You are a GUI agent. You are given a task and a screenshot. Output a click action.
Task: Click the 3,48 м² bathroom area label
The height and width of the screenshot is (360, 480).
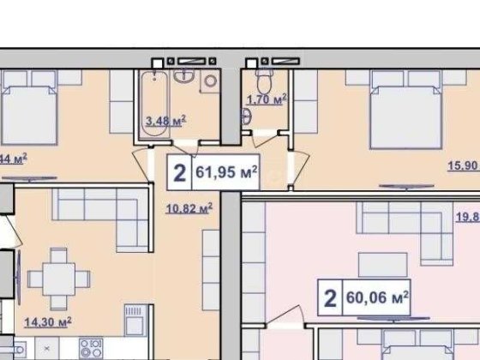coord(168,122)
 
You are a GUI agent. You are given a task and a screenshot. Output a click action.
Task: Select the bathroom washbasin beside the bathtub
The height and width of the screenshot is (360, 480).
coord(183,78)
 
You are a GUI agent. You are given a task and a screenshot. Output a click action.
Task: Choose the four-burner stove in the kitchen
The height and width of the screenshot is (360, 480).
coord(92,348)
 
